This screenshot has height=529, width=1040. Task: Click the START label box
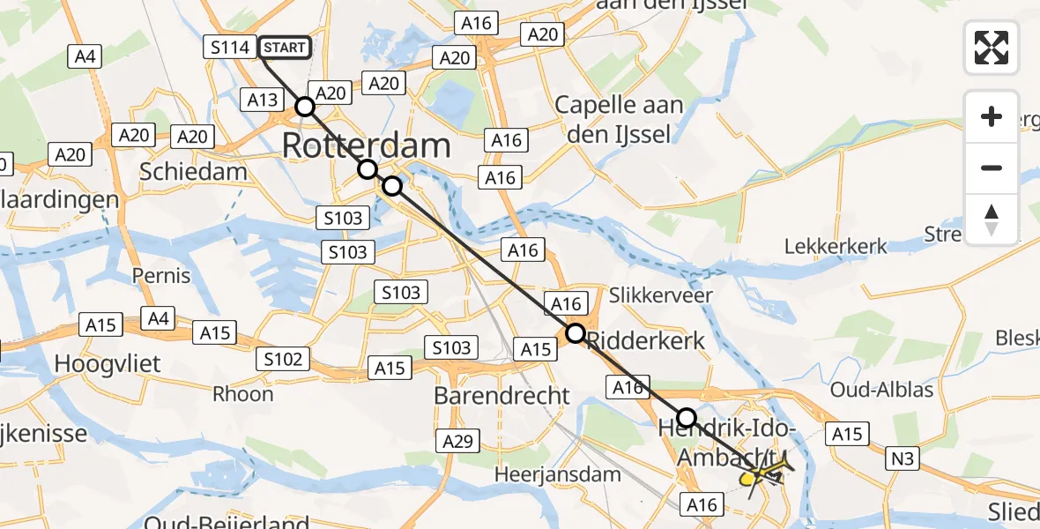[x=285, y=48]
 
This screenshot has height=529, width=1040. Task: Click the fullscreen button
[x=992, y=48]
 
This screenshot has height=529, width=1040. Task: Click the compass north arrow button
[x=992, y=220]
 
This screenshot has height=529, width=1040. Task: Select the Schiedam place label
[x=193, y=171]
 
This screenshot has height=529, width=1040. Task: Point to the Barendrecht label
[x=501, y=396]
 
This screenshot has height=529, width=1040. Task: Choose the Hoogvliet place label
[x=106, y=362]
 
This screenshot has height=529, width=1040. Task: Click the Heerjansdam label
[x=558, y=474]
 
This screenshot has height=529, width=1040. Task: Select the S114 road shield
[x=230, y=48]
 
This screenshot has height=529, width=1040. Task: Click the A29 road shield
[x=458, y=441]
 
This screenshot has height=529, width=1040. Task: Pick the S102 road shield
[x=283, y=359]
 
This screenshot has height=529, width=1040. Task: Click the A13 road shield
[x=263, y=101]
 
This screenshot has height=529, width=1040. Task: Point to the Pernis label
[x=161, y=276]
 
